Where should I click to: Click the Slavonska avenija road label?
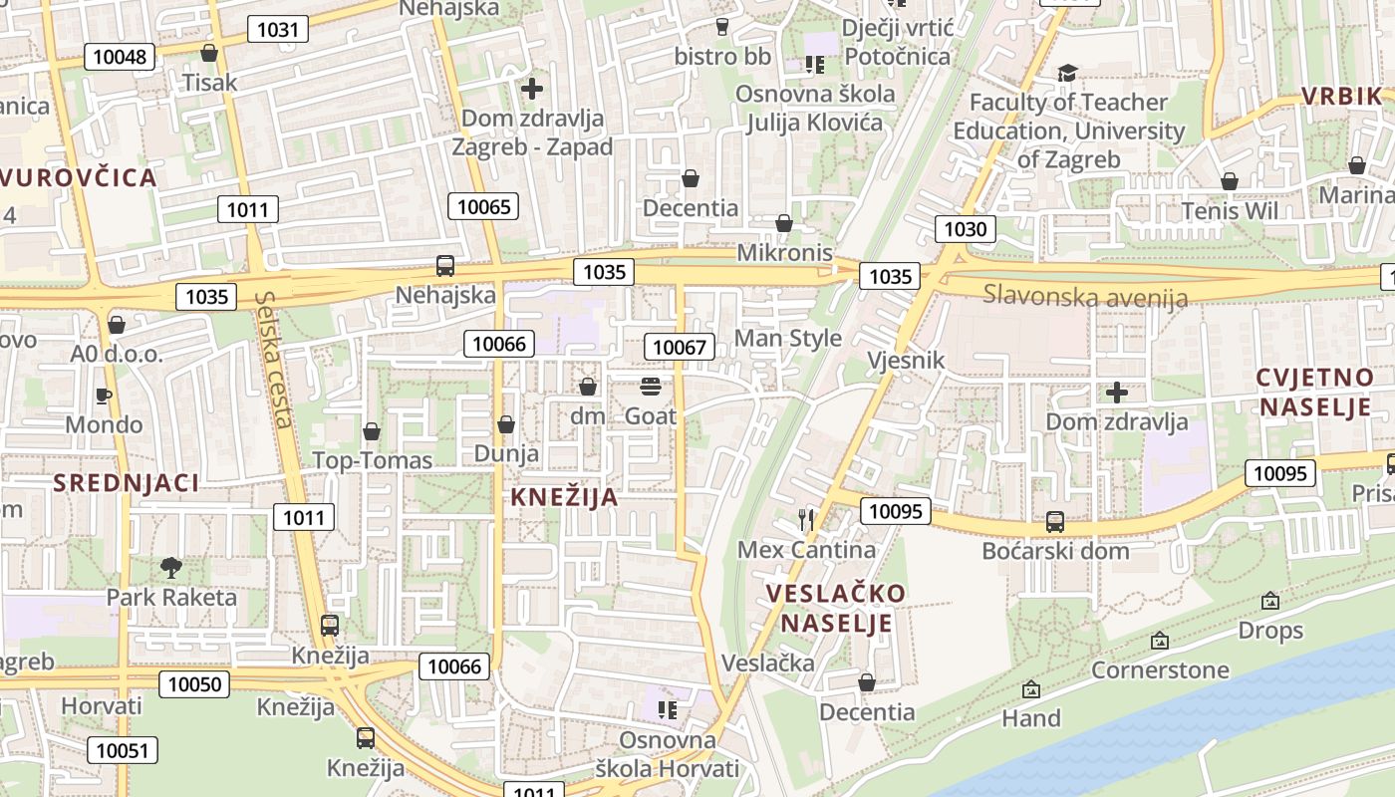(x=1085, y=296)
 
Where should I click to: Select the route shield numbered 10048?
(x=120, y=57)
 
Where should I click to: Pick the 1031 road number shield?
(x=278, y=29)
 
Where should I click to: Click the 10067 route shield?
(x=681, y=347)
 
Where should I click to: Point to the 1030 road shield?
(x=965, y=229)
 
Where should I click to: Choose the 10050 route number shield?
(x=193, y=684)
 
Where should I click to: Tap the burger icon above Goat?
(x=651, y=387)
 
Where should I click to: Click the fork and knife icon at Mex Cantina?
(x=807, y=519)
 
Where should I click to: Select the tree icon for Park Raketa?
(x=171, y=568)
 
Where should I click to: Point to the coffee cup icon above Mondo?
(x=104, y=396)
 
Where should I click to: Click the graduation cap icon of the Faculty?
(x=1067, y=73)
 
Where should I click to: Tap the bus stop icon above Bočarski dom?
(x=1055, y=521)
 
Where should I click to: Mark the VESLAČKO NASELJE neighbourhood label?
(x=836, y=609)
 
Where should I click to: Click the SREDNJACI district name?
(x=127, y=483)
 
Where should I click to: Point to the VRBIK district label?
(x=1341, y=97)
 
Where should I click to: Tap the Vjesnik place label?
(x=905, y=360)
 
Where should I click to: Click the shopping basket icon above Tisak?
(x=209, y=53)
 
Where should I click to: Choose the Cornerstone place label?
(x=1160, y=669)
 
